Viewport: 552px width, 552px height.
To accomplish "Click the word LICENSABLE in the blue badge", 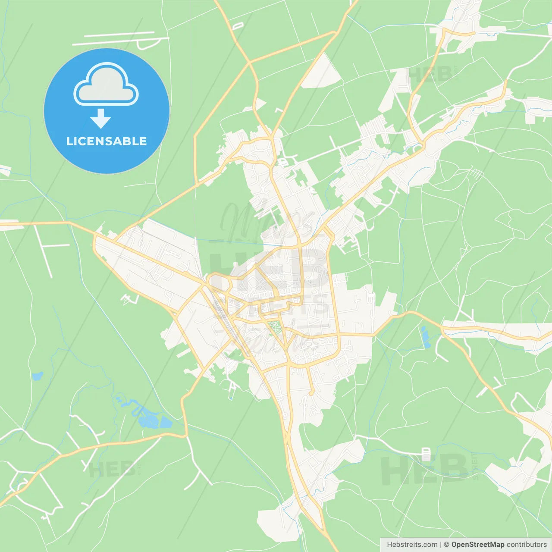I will pyautogui.click(x=107, y=141).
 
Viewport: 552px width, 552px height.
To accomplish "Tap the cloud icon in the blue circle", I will pyautogui.click(x=106, y=85).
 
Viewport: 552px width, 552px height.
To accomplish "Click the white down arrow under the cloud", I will pyautogui.click(x=100, y=119).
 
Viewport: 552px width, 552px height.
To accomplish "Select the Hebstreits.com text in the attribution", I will pyautogui.click(x=412, y=545).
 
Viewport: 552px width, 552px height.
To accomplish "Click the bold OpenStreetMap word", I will pyautogui.click(x=478, y=545).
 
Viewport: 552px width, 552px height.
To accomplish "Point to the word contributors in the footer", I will pyautogui.click(x=527, y=545).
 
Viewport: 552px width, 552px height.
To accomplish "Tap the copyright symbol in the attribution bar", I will pyautogui.click(x=446, y=545).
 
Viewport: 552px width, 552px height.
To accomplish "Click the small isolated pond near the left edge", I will pyautogui.click(x=38, y=376).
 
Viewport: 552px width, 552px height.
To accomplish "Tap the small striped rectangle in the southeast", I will pyautogui.click(x=426, y=454).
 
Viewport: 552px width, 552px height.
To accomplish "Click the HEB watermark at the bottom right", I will pyautogui.click(x=425, y=470).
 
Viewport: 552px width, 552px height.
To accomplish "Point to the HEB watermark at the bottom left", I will pyautogui.click(x=112, y=469).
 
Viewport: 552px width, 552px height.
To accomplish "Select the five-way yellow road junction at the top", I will pyautogui.click(x=249, y=63).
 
